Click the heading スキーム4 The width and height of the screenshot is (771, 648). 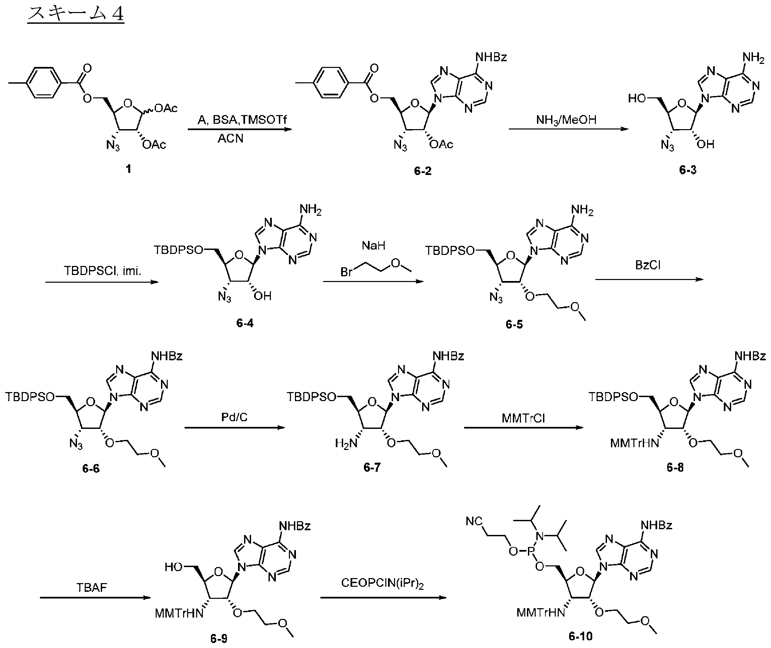(76, 14)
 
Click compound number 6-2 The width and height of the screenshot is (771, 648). (422, 171)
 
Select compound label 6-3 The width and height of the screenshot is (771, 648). (688, 170)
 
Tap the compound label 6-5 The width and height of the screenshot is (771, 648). (514, 324)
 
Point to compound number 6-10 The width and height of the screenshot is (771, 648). (581, 636)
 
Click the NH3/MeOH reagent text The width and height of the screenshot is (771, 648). (566, 120)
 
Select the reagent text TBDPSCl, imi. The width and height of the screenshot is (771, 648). (102, 271)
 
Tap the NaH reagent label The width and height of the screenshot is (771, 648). (374, 246)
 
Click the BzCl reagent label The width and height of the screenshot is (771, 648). (648, 265)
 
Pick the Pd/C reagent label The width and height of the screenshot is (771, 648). (234, 417)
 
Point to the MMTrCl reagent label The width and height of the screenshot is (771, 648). (523, 418)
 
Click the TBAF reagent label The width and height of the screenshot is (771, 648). (91, 588)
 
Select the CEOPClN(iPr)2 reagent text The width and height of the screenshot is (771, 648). (382, 583)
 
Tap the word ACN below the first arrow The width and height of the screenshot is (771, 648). (231, 138)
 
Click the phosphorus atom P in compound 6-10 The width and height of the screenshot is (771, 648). (530, 551)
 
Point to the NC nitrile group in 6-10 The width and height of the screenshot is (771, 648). (474, 521)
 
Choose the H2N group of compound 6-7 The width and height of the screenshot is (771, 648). (346, 443)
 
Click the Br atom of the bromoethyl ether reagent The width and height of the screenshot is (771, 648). (347, 272)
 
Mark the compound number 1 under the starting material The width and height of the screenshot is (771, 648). (128, 169)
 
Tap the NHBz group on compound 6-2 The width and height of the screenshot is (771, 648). (491, 57)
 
